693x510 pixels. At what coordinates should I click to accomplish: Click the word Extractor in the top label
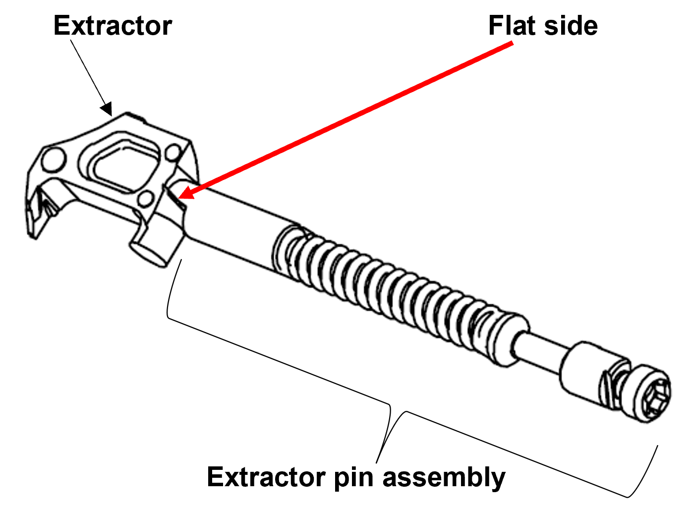pos(113,26)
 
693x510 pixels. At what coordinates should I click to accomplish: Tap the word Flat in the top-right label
pos(511,26)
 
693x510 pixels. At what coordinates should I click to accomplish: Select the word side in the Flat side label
pos(570,26)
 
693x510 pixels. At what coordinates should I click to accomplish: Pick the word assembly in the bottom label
pos(444,478)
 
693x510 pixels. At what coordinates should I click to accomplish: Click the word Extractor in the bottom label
pos(266,477)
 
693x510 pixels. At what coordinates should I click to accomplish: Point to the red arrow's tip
pos(180,198)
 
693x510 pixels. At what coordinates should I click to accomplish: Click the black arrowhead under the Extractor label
pos(107,109)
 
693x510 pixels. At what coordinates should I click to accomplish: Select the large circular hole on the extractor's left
pos(53,159)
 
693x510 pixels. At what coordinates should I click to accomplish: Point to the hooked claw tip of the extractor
pos(37,218)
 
